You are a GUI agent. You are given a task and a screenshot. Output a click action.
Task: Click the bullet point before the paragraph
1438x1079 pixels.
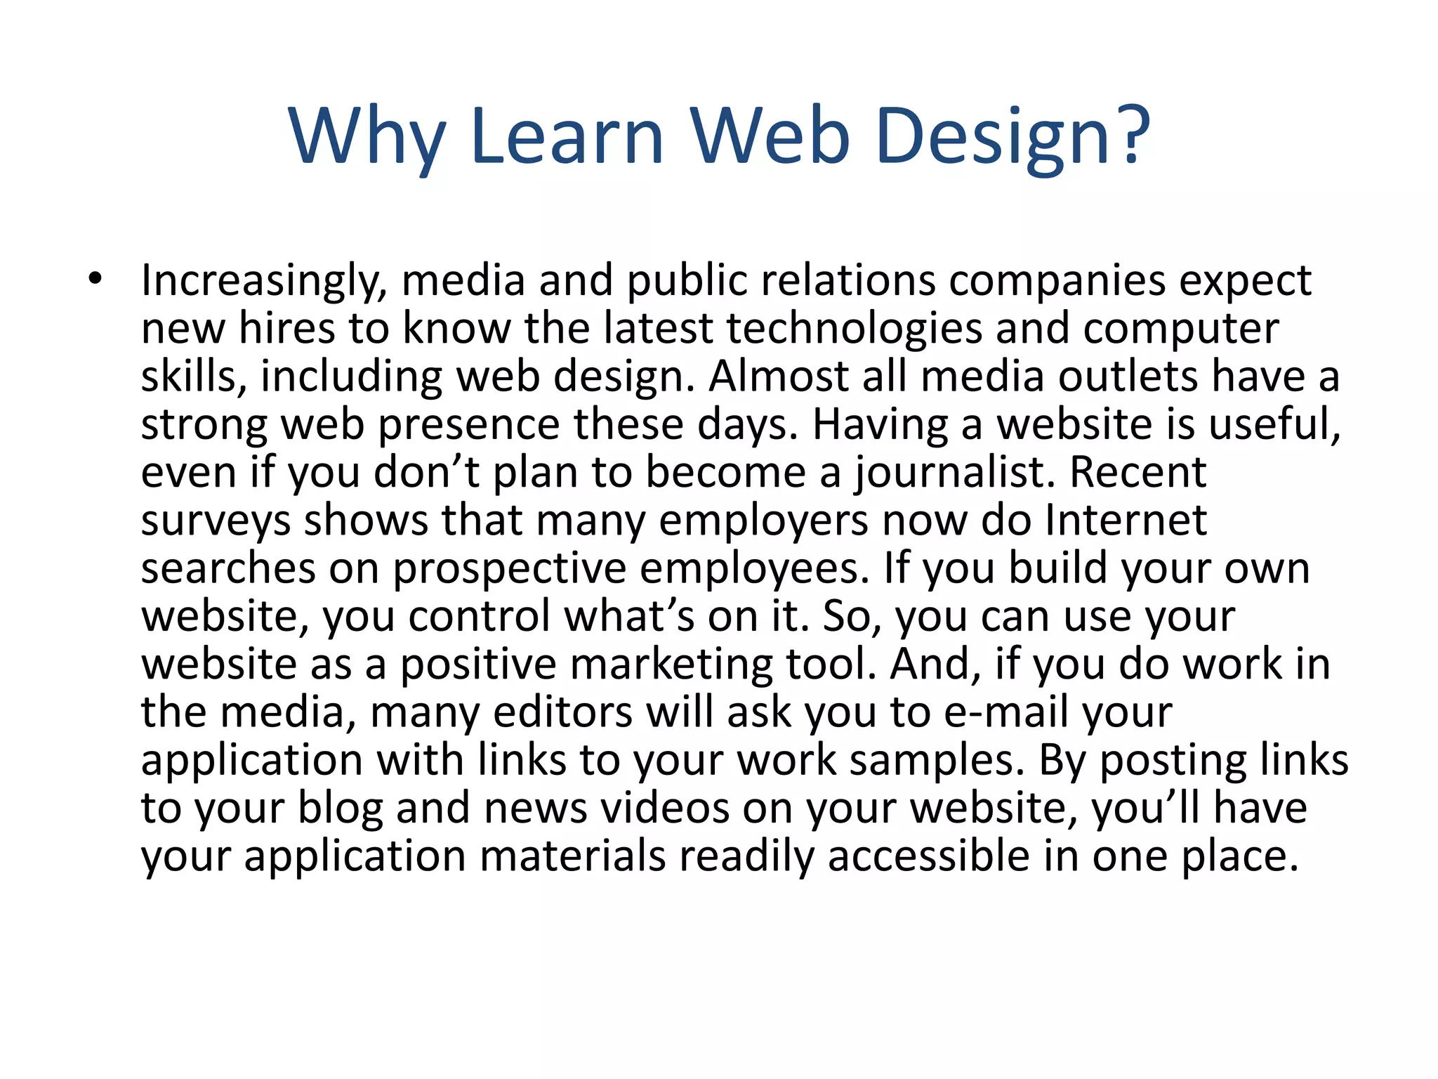click(x=95, y=280)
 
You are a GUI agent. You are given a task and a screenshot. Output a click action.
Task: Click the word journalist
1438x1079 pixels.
click(x=955, y=472)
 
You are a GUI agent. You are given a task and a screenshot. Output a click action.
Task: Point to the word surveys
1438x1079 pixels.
click(x=216, y=521)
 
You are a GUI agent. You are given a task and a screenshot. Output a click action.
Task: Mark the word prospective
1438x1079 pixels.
click(x=509, y=569)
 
